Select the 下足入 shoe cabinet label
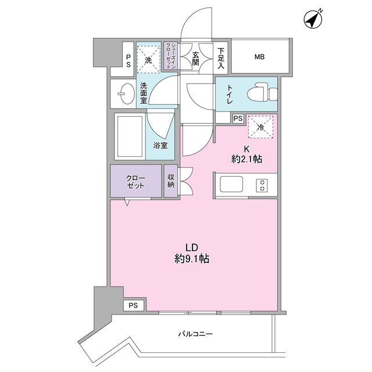221,58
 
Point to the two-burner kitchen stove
262,185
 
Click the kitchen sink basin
231,185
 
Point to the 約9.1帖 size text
191,259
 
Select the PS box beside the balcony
134,305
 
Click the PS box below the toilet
237,118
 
